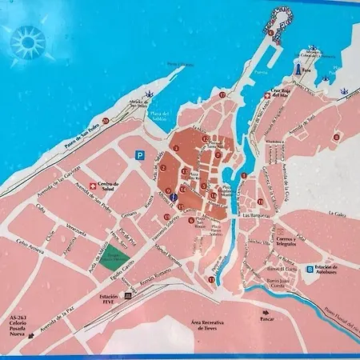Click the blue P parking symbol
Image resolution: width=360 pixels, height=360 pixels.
coord(140,157)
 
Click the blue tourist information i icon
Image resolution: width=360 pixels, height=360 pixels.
coord(173,207)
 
